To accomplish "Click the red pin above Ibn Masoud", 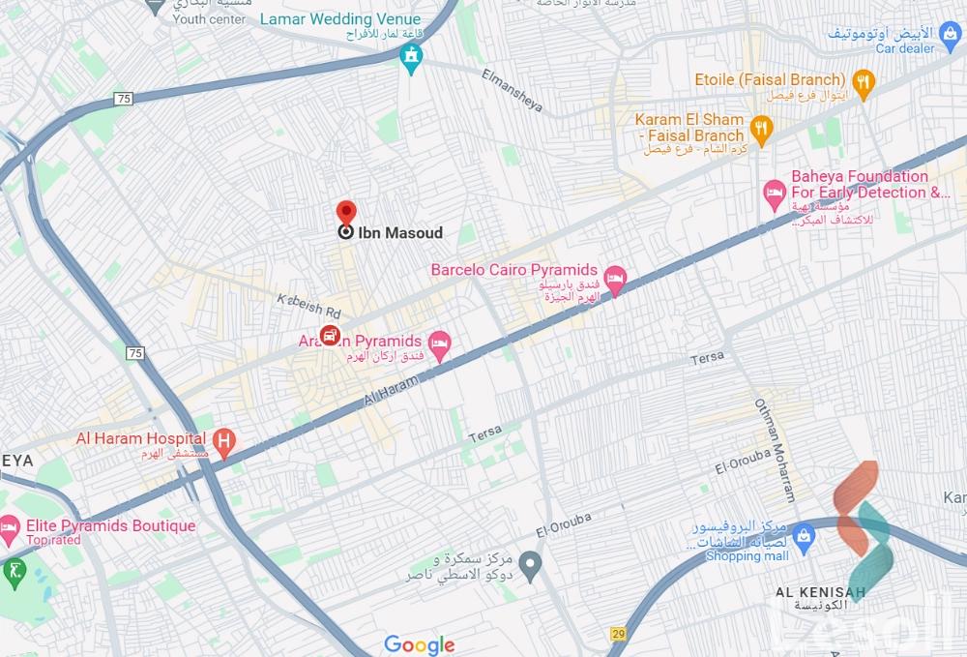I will [x=345, y=212].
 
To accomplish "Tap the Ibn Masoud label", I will [x=400, y=232].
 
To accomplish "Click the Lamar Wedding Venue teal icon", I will [x=413, y=57].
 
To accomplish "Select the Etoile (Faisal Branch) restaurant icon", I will [x=864, y=80].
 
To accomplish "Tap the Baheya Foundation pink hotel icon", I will [x=774, y=193].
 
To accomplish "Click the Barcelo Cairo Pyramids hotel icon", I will [x=615, y=279].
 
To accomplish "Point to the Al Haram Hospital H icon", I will [x=224, y=443].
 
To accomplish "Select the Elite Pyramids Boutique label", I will [x=110, y=526].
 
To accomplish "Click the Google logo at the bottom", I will [x=419, y=644].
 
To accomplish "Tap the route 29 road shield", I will [x=618, y=633].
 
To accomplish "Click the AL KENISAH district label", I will [x=818, y=590].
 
